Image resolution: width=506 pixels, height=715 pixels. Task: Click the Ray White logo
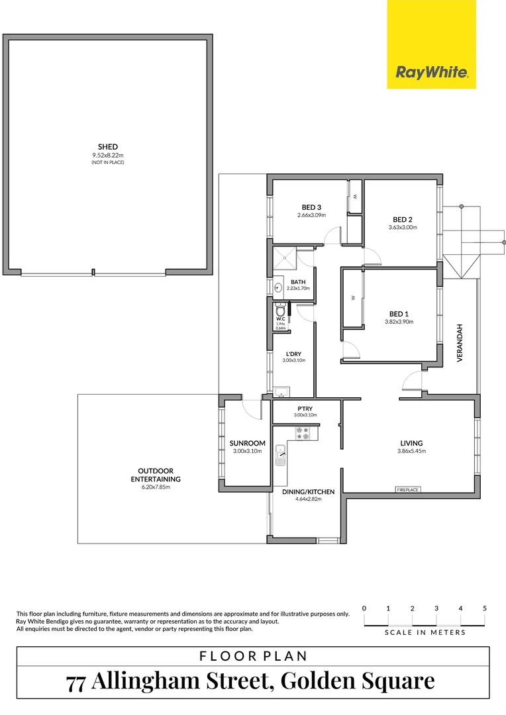[x=431, y=72]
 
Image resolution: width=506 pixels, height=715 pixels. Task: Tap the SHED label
[x=108, y=147]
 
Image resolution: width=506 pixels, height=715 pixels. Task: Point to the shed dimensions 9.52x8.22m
[x=108, y=156]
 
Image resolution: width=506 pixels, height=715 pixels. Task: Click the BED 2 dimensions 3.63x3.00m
[x=403, y=228]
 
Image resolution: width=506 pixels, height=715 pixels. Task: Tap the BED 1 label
[x=399, y=314]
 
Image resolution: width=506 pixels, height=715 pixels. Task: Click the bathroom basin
[x=278, y=287]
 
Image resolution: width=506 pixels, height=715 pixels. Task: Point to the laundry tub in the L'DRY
[x=279, y=391]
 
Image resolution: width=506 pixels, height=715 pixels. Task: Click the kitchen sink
[x=281, y=455]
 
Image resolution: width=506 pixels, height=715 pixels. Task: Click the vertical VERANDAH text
[x=459, y=342]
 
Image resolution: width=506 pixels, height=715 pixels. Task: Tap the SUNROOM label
[x=247, y=444]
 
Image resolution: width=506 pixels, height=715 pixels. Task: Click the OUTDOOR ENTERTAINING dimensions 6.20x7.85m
[x=156, y=487]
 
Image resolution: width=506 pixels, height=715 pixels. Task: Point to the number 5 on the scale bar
[x=485, y=608]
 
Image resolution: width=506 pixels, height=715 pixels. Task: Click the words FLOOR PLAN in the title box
[x=253, y=657]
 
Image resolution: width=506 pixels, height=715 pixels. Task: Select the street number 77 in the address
[x=76, y=681]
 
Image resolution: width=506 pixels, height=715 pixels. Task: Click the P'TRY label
[x=305, y=408]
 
